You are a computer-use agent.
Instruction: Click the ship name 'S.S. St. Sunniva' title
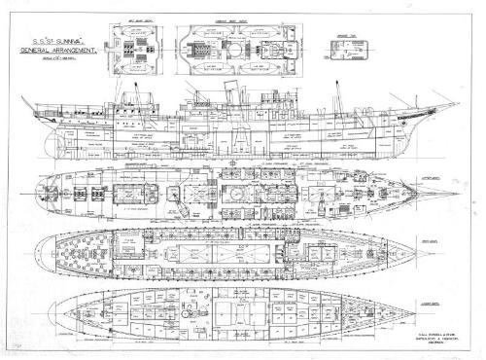pos(51,45)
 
